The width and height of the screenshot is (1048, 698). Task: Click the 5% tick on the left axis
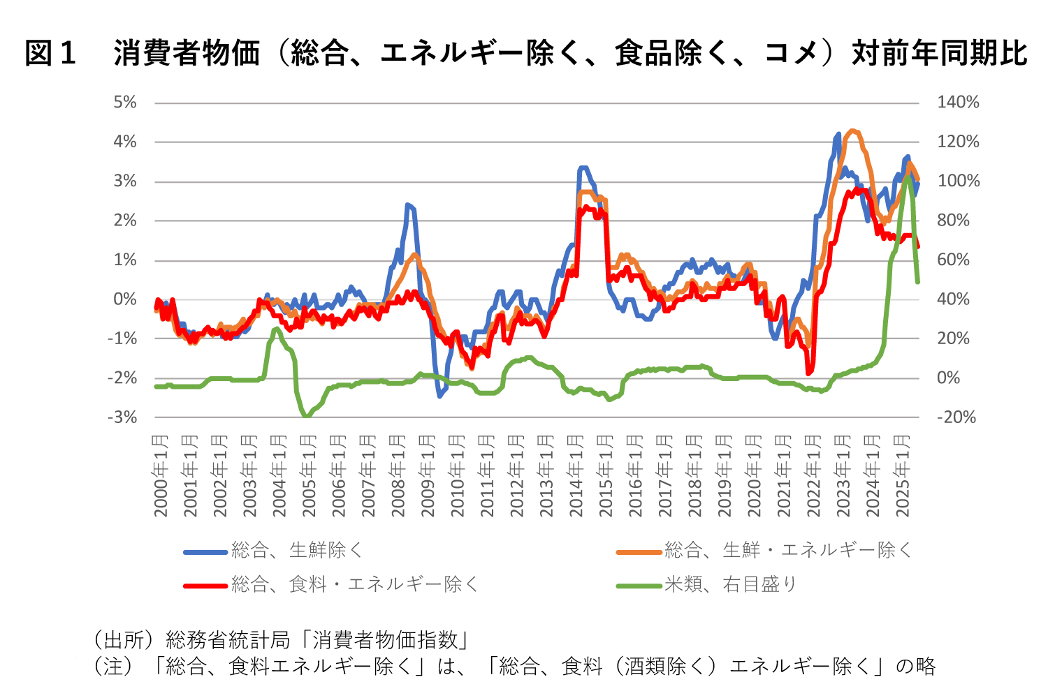[125, 103]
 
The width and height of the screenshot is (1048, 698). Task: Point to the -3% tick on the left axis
[122, 417]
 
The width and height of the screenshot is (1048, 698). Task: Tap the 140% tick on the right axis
[958, 103]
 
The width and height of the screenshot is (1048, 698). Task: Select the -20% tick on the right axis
[956, 417]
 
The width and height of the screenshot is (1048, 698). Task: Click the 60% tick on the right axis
[954, 260]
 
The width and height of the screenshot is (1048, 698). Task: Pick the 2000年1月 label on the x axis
[161, 475]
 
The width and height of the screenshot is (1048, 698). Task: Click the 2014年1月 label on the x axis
[576, 475]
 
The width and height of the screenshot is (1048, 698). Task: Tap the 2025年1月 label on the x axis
[902, 475]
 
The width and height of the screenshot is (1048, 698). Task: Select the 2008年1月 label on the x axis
[398, 475]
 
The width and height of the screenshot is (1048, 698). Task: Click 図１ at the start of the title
[50, 53]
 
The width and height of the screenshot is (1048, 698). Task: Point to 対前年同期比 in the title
[939, 53]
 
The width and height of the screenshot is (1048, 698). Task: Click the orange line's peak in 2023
[852, 131]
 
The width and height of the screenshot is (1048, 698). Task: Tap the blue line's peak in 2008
[407, 205]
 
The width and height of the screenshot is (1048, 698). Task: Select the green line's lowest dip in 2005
[306, 417]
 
